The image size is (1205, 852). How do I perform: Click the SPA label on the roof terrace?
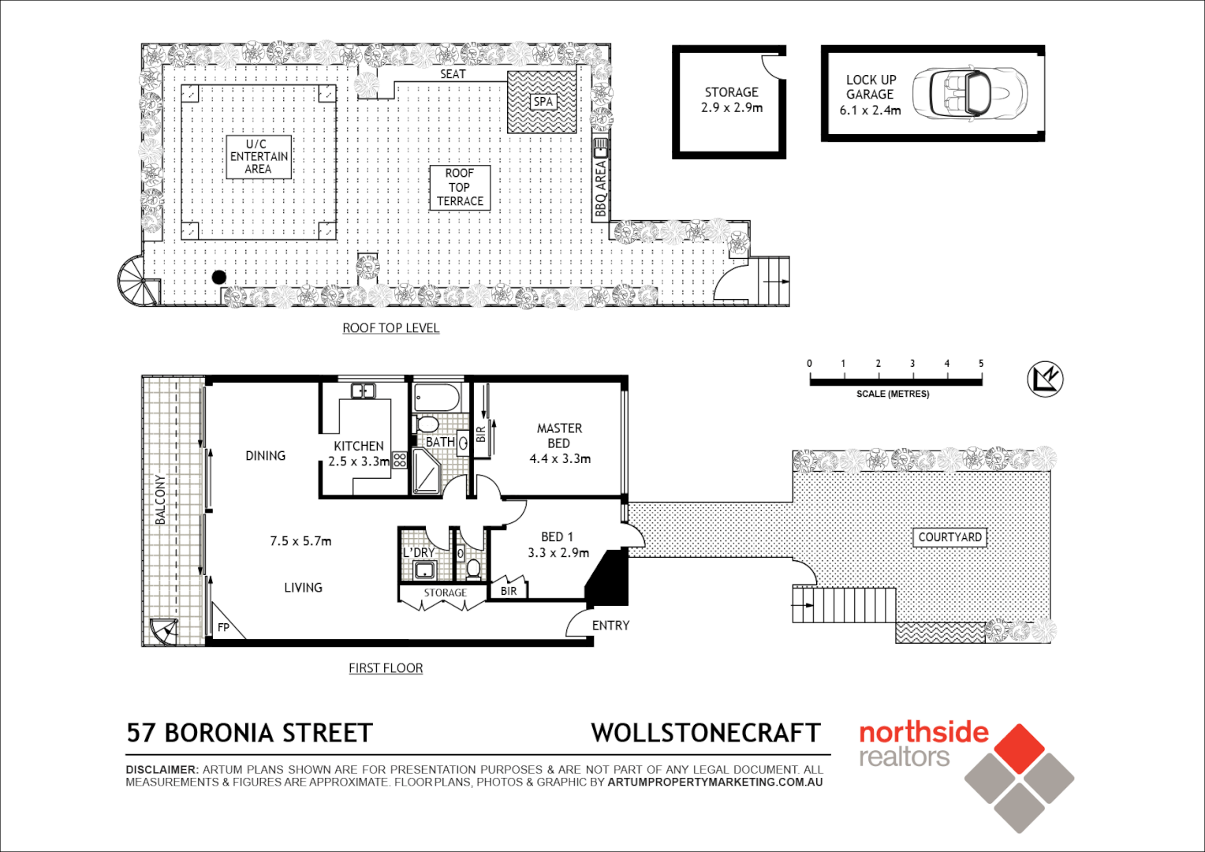(x=543, y=102)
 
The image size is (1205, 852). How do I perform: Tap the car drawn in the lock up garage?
(x=969, y=93)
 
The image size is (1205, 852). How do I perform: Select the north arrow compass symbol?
(x=1046, y=379)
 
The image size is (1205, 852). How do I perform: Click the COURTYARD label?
(x=949, y=537)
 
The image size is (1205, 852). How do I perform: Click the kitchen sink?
(x=363, y=390)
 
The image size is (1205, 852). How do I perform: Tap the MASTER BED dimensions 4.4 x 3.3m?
(x=560, y=458)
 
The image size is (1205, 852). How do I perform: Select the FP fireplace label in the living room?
(x=223, y=627)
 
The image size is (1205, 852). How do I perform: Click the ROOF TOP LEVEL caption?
(x=390, y=328)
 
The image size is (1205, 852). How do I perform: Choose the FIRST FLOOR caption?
(x=386, y=668)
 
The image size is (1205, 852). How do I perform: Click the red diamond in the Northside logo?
(x=1019, y=749)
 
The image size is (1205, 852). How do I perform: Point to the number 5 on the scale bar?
(x=981, y=364)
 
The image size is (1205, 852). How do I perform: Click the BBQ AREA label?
(x=601, y=188)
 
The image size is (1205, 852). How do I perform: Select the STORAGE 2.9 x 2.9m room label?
(x=731, y=100)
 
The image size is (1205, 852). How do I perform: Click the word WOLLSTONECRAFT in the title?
(x=706, y=733)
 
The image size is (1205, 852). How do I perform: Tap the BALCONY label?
(x=161, y=499)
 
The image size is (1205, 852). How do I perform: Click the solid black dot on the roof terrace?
(x=219, y=277)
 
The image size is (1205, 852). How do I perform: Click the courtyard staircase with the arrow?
(x=844, y=605)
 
